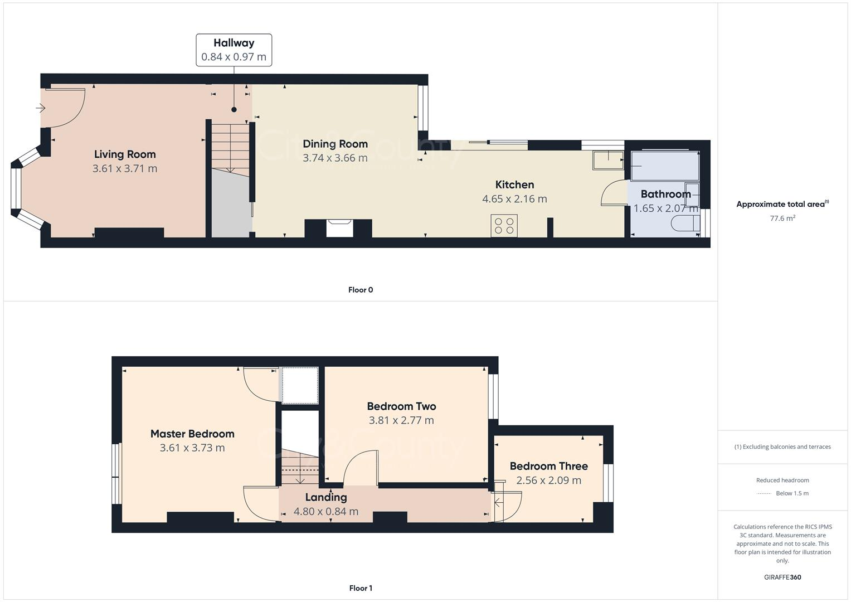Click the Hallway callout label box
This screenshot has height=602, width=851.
(x=234, y=50)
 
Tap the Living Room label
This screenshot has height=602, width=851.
(x=125, y=154)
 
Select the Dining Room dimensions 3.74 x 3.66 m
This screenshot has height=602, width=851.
(x=335, y=158)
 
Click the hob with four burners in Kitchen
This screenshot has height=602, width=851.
(x=504, y=226)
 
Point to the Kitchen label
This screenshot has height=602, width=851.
(x=514, y=185)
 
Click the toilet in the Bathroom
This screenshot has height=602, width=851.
(x=685, y=224)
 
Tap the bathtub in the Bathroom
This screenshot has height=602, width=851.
(x=664, y=166)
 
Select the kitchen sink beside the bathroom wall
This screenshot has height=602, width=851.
(x=609, y=161)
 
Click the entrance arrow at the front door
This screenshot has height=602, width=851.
(x=41, y=108)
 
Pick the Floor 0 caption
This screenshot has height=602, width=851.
(x=361, y=290)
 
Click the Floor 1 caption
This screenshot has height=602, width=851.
(x=361, y=588)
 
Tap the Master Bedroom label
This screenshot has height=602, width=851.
(x=192, y=434)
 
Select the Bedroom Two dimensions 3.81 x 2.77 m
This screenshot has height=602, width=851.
(x=401, y=420)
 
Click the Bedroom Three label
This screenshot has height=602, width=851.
(x=548, y=466)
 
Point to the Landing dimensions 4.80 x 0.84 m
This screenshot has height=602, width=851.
(x=326, y=511)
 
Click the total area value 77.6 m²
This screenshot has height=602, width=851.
(x=782, y=219)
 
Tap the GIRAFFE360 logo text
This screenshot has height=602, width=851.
(x=782, y=577)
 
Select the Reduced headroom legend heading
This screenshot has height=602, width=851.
(x=782, y=480)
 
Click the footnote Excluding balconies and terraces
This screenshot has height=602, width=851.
(x=782, y=446)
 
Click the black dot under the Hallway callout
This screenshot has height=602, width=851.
(x=234, y=110)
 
